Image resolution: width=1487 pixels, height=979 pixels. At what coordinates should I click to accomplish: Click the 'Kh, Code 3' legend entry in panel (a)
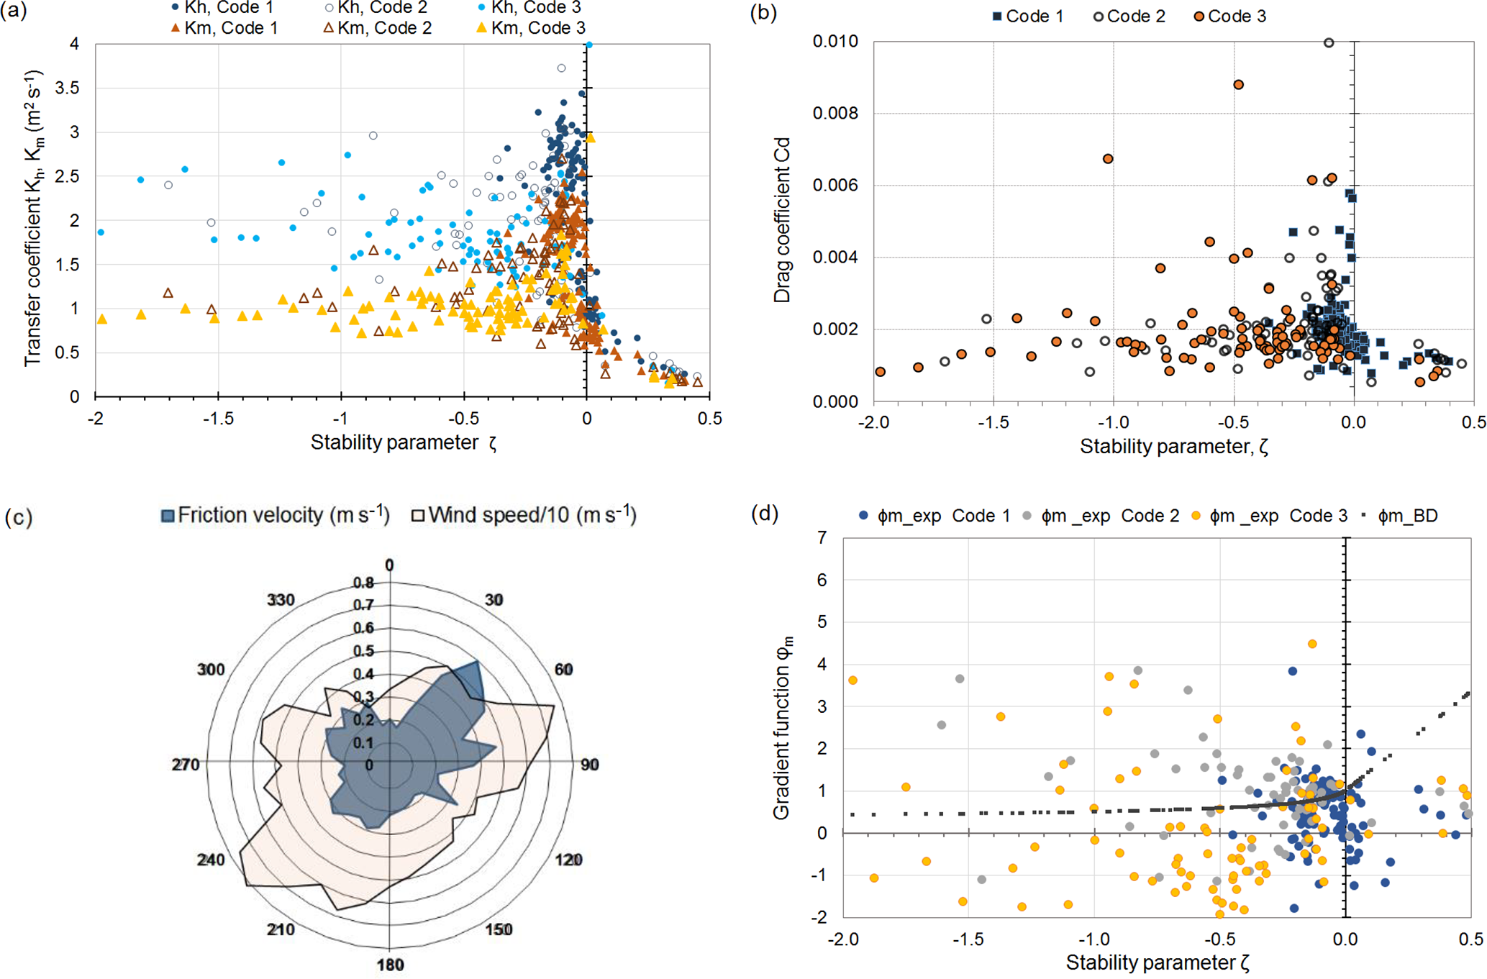click(x=535, y=8)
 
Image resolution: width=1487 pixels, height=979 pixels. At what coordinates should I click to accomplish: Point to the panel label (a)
click(x=14, y=12)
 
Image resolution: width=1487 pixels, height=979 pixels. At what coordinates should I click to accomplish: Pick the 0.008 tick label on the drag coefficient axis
click(x=835, y=114)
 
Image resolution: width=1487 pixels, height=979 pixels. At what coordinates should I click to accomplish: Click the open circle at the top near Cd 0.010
click(x=1329, y=43)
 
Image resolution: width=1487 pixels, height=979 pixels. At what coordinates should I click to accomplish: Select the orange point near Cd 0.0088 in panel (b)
click(x=1238, y=85)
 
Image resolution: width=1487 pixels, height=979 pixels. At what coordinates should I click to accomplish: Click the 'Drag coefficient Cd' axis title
click(x=782, y=220)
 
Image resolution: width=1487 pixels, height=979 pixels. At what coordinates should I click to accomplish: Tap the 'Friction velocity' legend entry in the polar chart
click(x=276, y=515)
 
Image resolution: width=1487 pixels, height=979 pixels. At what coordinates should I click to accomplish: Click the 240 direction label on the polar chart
click(x=211, y=860)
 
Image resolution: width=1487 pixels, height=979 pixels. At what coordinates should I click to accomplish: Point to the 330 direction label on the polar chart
click(x=281, y=600)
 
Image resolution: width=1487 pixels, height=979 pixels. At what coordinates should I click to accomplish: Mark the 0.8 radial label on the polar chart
click(x=363, y=583)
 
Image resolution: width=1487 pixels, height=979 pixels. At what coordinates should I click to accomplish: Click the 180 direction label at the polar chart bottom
click(x=390, y=965)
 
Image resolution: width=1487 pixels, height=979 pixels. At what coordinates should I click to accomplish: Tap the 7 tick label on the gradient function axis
click(x=822, y=537)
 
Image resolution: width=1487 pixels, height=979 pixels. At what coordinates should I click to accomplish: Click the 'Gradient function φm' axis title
click(x=782, y=727)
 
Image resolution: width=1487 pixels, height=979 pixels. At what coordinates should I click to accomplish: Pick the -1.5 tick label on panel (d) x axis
click(x=968, y=939)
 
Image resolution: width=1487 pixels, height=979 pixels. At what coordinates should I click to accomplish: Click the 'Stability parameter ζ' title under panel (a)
click(x=403, y=442)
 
